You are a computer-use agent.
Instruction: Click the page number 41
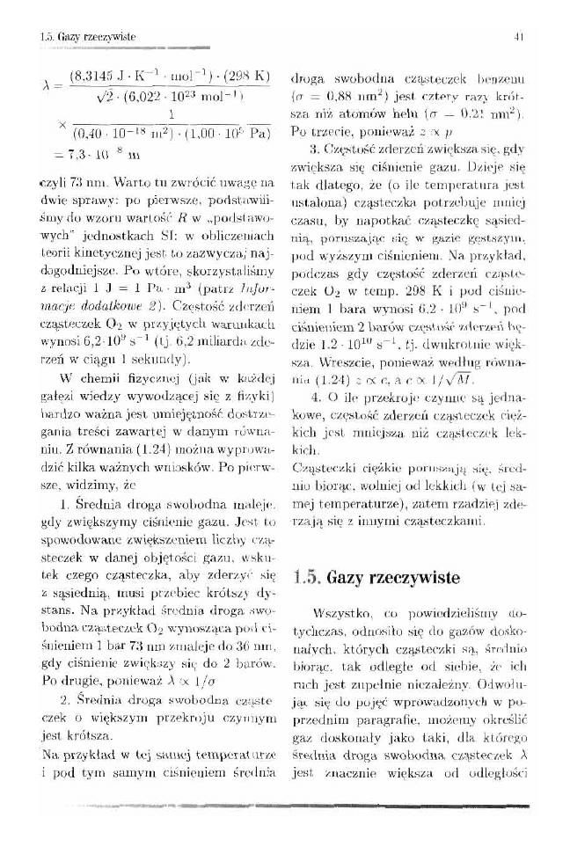pyautogui.click(x=520, y=36)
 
